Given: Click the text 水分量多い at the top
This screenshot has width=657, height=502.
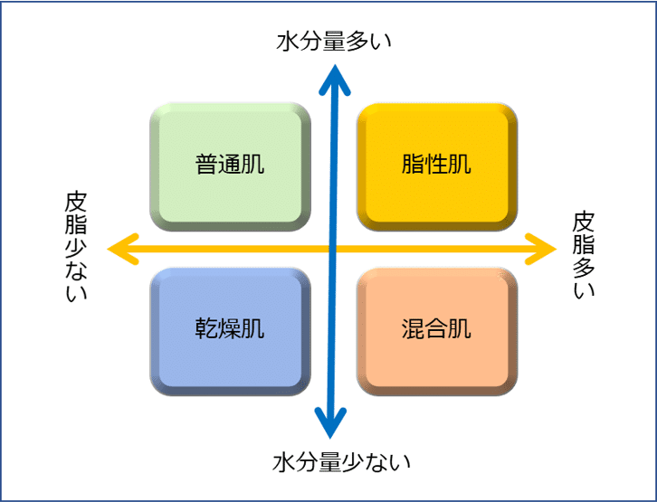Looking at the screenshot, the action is (x=334, y=42).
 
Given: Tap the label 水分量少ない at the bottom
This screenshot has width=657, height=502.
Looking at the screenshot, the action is (x=341, y=462).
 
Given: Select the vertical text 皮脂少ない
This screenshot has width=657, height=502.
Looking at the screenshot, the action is (x=76, y=246).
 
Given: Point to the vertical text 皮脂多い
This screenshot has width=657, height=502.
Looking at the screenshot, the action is (x=584, y=255).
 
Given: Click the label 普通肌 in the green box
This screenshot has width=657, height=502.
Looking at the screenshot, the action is (x=230, y=164).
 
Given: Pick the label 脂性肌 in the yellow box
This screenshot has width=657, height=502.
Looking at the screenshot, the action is (x=436, y=164).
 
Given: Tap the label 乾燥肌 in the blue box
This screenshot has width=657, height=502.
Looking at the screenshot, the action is (x=230, y=327).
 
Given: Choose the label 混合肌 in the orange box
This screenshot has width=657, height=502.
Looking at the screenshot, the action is (x=436, y=327).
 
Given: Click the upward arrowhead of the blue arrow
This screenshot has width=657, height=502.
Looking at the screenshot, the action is (x=334, y=80).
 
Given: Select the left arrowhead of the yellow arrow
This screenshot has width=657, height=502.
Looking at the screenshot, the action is (x=123, y=249).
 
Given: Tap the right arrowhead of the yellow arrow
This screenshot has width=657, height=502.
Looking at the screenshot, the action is (x=540, y=249).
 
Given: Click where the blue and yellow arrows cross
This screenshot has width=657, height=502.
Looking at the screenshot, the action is (x=333, y=249).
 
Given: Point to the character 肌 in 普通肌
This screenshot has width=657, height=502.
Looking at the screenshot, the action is (x=253, y=164).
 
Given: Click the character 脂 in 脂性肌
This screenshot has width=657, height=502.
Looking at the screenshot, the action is (x=413, y=164).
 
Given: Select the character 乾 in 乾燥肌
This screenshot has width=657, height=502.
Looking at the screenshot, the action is (x=206, y=327).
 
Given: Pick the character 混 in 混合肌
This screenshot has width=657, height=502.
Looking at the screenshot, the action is (x=413, y=327).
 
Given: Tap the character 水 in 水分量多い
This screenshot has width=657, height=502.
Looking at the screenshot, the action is (x=288, y=42).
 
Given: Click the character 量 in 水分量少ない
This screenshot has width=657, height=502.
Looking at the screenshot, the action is (x=329, y=462).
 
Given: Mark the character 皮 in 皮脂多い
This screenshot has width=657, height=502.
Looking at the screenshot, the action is (x=584, y=223).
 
